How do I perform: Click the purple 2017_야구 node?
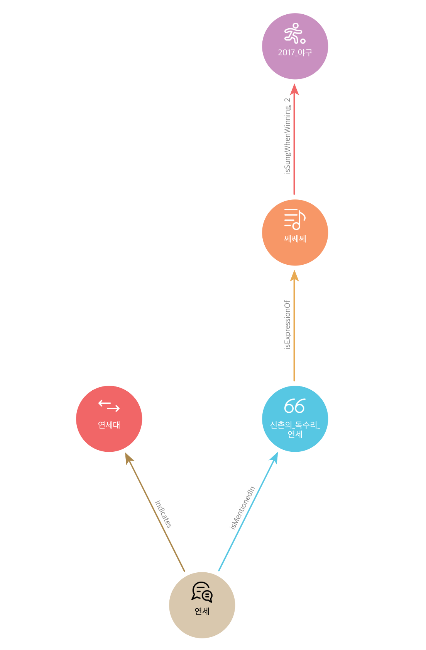295,46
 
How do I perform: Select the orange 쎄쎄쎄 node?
295,233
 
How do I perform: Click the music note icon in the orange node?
295,219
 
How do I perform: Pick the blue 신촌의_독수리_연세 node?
295,419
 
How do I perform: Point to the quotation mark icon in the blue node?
294,406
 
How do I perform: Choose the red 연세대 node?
109,419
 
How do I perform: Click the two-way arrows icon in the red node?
109,405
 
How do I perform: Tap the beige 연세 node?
202,605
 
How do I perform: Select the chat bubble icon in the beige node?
202,592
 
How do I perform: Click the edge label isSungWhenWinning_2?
287,136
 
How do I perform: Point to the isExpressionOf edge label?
287,325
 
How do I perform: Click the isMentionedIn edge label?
242,508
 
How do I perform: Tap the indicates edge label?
163,514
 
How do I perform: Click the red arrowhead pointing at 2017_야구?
294,89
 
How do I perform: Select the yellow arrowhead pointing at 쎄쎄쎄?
294,276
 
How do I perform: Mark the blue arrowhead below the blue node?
274,457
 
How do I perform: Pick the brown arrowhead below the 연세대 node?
129,458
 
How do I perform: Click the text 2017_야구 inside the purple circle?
295,53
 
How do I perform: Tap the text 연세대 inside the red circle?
109,425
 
